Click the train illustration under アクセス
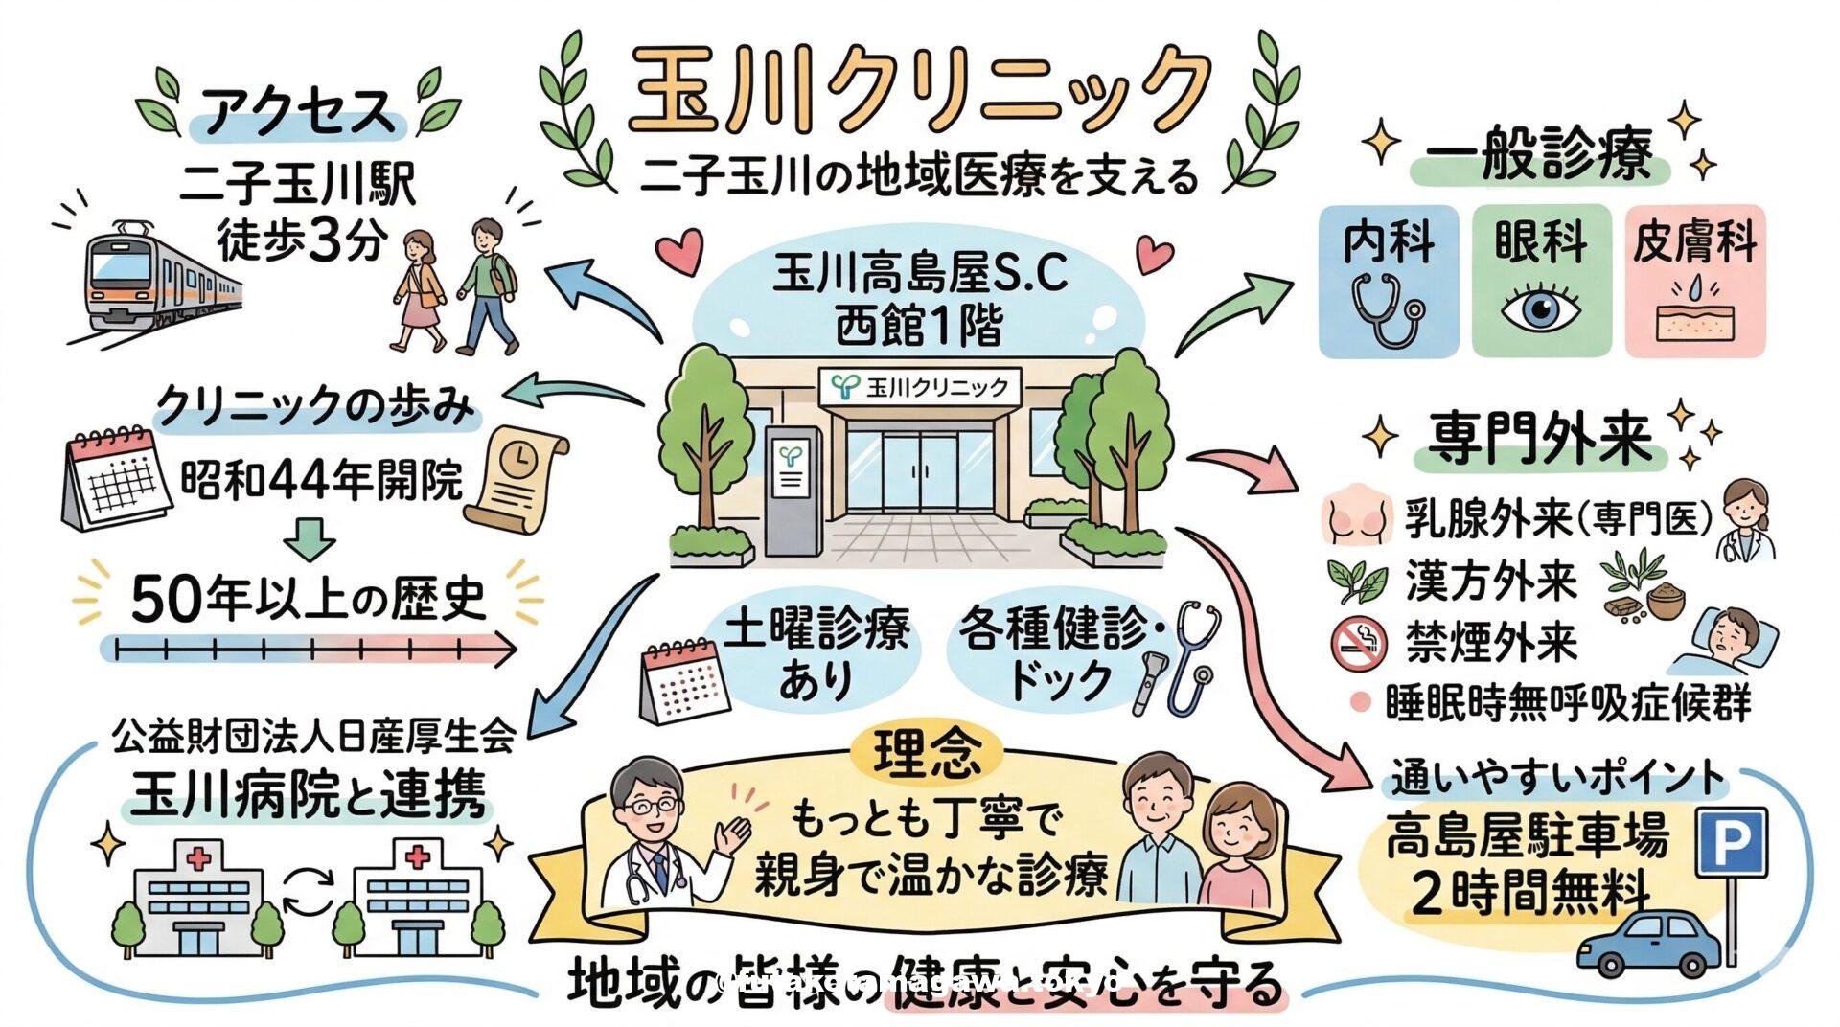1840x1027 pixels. (x=153, y=278)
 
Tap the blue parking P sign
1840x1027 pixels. (x=1732, y=842)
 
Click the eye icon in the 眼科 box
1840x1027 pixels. (x=1540, y=308)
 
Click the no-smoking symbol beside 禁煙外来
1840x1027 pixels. (x=1358, y=643)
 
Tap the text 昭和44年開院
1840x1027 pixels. (x=322, y=479)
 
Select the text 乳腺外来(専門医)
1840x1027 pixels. (x=1558, y=519)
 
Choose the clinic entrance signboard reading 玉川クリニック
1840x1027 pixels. (x=920, y=386)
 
